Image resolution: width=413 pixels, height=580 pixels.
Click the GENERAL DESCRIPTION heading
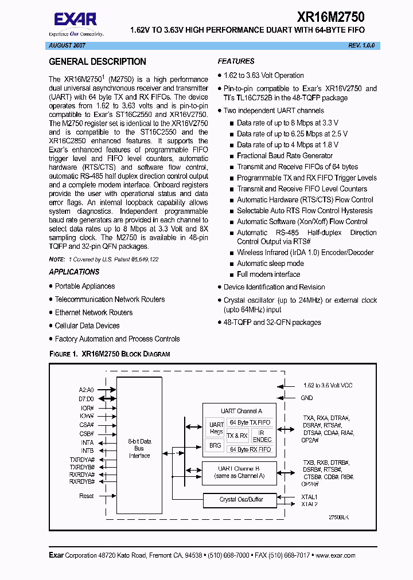97,62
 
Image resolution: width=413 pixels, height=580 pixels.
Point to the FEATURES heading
236,61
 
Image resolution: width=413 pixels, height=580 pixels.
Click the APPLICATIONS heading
74,272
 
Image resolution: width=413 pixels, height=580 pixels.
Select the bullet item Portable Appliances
85,286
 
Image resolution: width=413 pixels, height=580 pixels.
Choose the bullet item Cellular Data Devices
87,326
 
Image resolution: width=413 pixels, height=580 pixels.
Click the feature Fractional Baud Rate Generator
285,156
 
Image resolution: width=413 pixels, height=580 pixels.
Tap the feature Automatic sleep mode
270,264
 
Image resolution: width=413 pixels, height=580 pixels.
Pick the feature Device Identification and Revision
274,287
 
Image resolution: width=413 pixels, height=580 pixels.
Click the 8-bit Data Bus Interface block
139,448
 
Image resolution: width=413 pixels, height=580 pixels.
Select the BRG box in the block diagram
215,445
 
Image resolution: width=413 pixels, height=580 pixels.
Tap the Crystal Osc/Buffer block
241,500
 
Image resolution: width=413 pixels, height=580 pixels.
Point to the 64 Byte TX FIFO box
250,422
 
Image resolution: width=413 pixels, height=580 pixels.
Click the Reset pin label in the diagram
87,496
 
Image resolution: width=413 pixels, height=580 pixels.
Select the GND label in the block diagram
307,398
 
